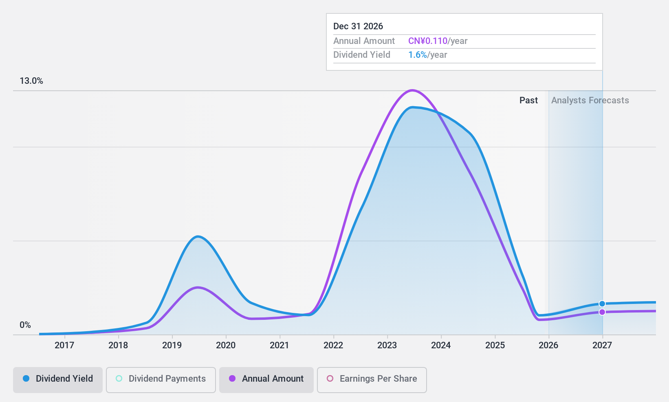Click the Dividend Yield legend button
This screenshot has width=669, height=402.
(57, 379)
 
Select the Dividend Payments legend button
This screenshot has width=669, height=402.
(161, 379)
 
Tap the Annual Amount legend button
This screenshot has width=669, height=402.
(266, 379)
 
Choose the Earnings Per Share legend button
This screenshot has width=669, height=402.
(372, 379)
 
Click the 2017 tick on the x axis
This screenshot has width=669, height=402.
(64, 345)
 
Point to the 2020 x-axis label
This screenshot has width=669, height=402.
(226, 345)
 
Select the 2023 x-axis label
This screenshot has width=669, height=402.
(387, 345)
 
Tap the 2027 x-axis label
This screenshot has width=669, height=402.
(602, 345)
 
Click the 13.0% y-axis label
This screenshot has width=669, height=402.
(31, 81)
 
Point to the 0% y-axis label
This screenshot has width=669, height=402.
(25, 325)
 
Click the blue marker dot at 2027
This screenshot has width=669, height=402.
(602, 304)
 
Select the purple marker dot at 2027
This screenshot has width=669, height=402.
(602, 312)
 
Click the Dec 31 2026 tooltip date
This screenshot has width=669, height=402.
(358, 26)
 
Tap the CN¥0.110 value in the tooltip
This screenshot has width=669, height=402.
(428, 41)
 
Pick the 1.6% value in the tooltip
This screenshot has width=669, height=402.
(418, 55)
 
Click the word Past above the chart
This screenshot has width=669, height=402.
(528, 100)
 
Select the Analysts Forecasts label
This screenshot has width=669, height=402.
(590, 100)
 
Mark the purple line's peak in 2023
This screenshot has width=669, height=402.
(412, 90)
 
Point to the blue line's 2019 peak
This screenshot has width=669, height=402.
(198, 236)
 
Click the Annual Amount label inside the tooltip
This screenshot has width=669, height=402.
(364, 41)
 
